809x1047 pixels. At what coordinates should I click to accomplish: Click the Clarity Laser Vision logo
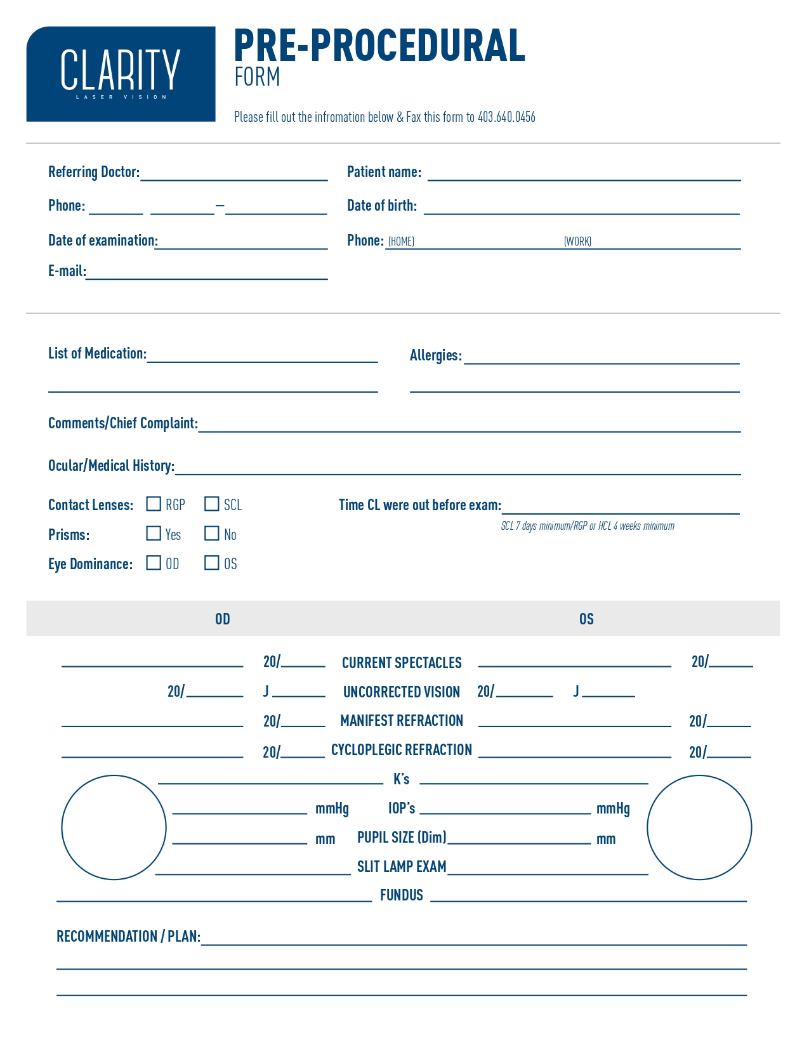(121, 74)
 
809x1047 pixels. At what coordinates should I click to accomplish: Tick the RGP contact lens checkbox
(154, 504)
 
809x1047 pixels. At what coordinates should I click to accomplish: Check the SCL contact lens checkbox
(212, 504)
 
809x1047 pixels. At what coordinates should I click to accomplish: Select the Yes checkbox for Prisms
(154, 534)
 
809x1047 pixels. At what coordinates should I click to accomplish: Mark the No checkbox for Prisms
(212, 534)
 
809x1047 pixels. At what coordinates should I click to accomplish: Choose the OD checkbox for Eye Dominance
(154, 563)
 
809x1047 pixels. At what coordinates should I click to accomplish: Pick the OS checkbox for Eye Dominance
(212, 563)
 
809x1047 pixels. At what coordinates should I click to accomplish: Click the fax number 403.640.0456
(506, 117)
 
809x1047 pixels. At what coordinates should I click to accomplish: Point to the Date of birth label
(382, 206)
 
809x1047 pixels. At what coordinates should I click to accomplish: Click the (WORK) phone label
(577, 242)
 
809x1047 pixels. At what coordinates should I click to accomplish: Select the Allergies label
(435, 355)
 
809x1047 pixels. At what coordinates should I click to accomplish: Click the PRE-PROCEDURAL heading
(379, 46)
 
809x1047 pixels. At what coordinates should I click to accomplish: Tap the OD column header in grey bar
(222, 619)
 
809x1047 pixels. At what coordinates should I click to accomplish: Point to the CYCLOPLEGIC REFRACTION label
(402, 750)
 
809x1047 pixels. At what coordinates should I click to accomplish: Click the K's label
(402, 779)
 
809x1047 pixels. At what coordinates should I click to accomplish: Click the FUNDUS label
(402, 895)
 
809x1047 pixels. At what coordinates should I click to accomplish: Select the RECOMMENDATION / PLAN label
(128, 937)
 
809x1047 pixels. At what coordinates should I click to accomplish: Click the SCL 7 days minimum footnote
(588, 526)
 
